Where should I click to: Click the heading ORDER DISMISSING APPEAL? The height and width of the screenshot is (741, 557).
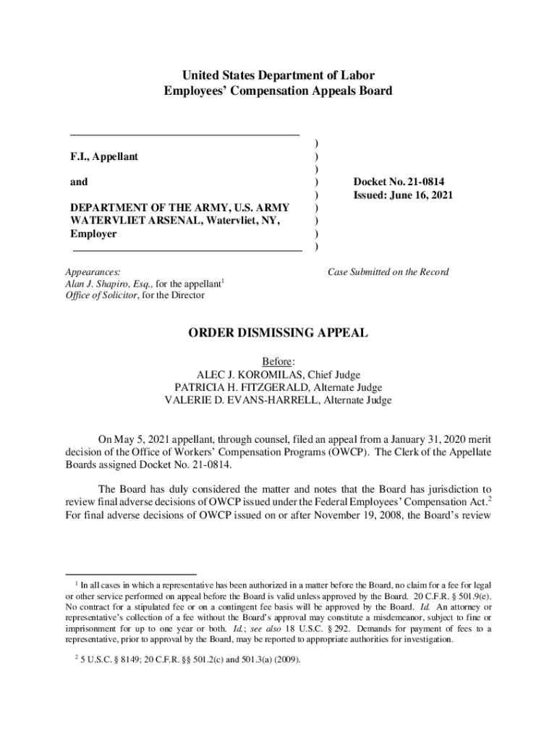278,333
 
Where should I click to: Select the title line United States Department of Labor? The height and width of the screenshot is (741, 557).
278,75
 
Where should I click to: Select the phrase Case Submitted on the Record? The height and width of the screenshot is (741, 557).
388,272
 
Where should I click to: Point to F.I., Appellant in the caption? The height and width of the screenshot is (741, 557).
104,156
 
